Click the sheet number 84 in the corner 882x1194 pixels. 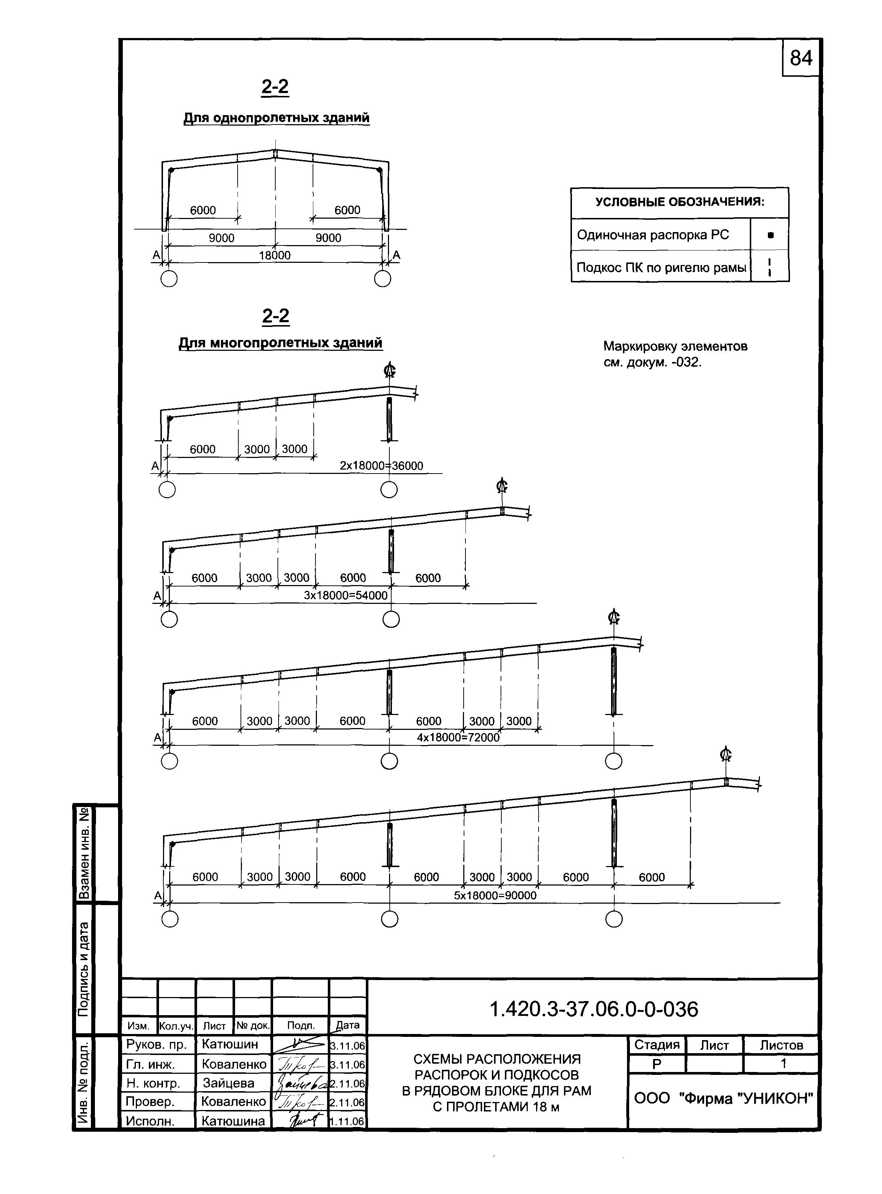(801, 58)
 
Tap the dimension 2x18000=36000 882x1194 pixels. (381, 466)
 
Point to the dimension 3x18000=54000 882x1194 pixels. (346, 595)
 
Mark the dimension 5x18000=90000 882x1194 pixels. (495, 895)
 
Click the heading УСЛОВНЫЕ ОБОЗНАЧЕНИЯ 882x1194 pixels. (680, 202)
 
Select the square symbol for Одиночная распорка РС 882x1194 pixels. (770, 235)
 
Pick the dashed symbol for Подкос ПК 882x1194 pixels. (769, 267)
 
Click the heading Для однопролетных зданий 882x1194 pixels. (277, 117)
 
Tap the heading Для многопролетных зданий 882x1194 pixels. (280, 342)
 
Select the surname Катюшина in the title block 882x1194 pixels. (233, 1121)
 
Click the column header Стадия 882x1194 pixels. (657, 1044)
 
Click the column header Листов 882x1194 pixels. (781, 1044)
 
